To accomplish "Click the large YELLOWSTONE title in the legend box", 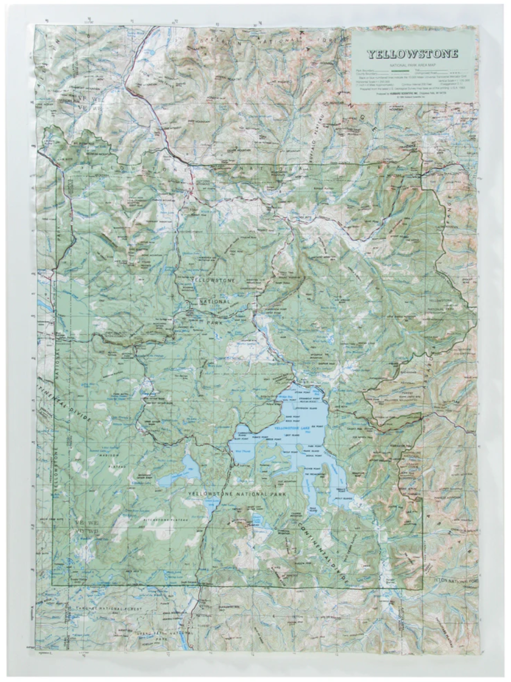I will point(412,54).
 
